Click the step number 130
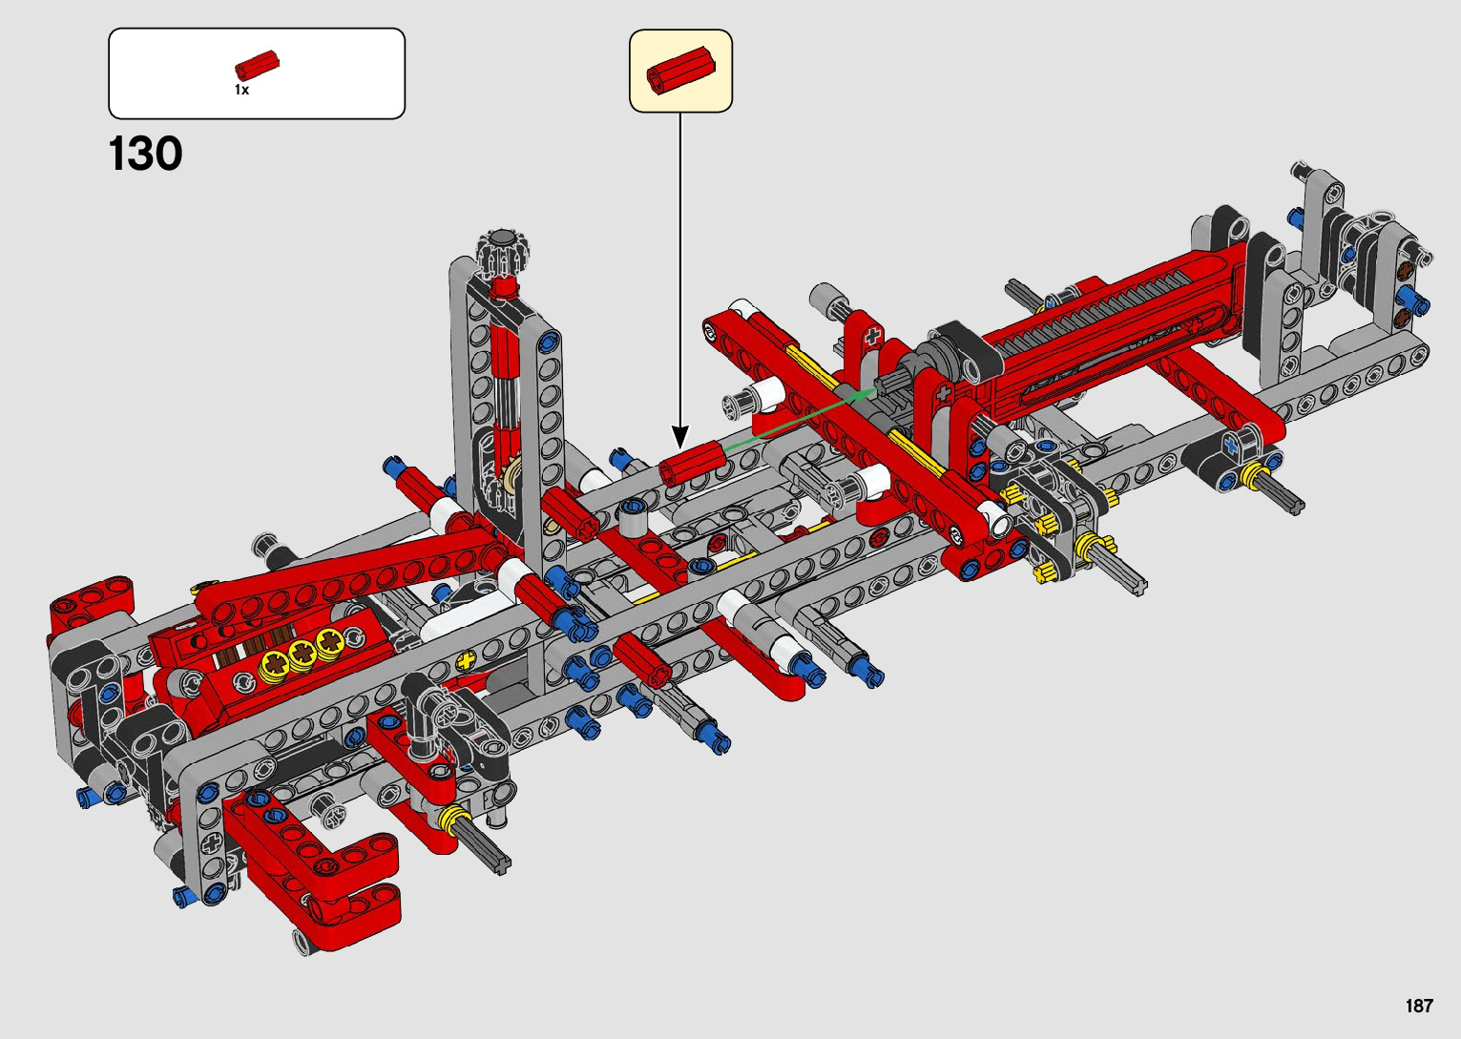145,154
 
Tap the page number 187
1419,1006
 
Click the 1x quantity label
242,90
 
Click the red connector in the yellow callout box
681,69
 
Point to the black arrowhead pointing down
680,436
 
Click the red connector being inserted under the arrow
691,463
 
